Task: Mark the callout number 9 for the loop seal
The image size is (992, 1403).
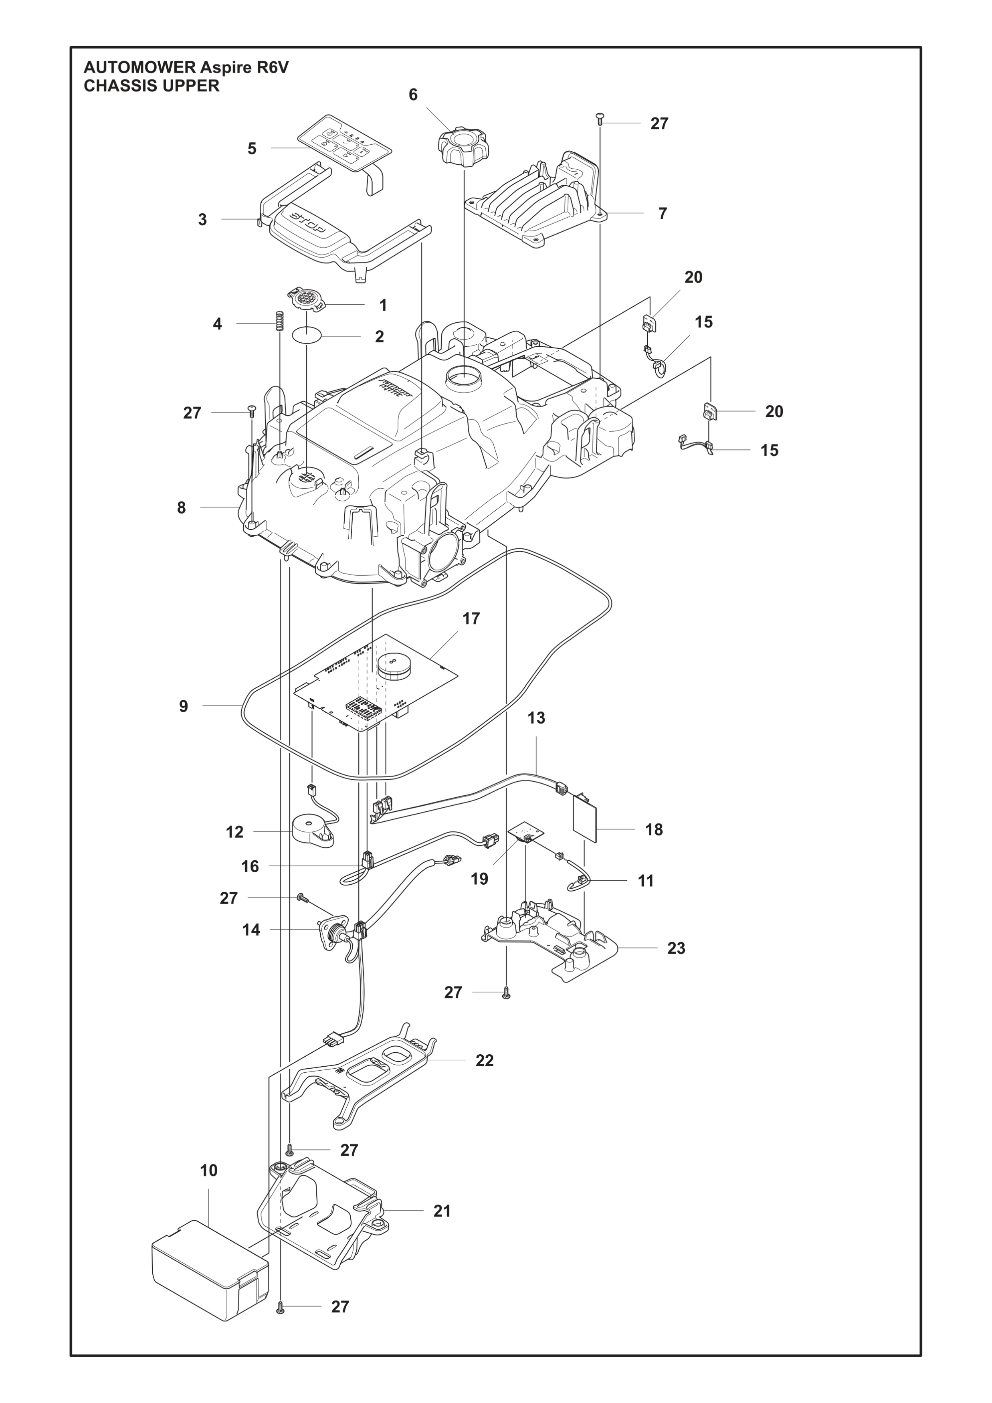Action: tap(183, 706)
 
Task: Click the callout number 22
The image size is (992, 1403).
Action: tap(485, 1060)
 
